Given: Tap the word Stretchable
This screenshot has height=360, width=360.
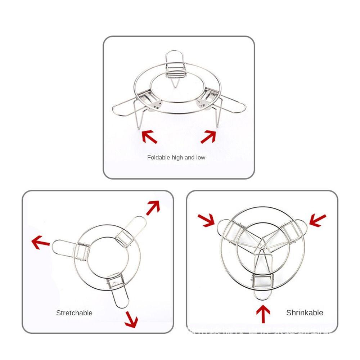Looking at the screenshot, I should [74, 313].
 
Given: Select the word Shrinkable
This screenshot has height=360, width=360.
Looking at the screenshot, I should [305, 313].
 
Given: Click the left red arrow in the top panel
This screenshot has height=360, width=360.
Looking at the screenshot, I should [149, 137].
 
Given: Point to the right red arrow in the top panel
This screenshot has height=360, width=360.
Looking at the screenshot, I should [208, 136].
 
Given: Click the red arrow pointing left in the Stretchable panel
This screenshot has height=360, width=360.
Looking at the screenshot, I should [40, 242].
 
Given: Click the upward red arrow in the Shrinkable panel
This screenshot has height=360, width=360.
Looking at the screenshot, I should [263, 314].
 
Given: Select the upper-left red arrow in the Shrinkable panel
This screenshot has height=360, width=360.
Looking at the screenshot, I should [206, 220].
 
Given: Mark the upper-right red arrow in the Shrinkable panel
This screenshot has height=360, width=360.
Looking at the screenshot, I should [318, 220].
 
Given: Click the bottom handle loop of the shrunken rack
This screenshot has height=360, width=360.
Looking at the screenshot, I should [263, 294].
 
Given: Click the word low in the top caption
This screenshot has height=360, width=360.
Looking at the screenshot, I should [201, 157].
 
